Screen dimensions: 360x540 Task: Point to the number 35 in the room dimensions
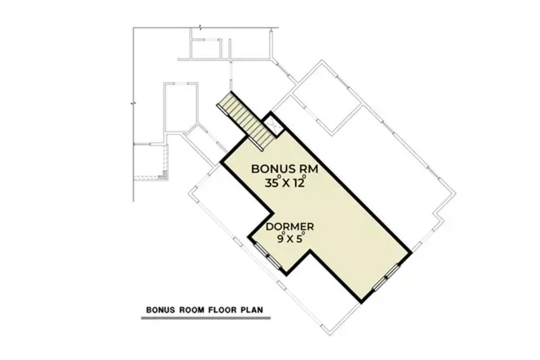pyautogui.click(x=272, y=184)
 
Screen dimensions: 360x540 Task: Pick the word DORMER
pyautogui.click(x=292, y=227)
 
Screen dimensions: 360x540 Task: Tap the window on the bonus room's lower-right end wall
pyautogui.click(x=384, y=278)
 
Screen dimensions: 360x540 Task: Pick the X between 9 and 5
pyautogui.click(x=290, y=241)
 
